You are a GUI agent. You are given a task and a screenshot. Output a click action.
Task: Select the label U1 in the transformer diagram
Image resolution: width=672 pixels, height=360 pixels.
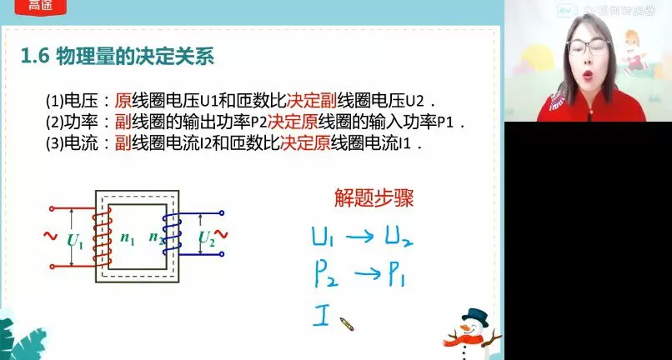[x=75, y=241]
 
